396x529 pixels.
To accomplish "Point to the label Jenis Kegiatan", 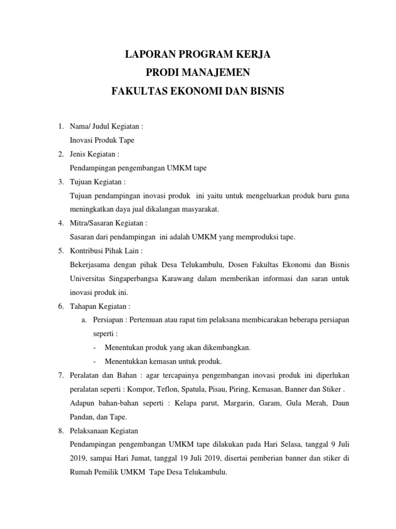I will coord(94,154).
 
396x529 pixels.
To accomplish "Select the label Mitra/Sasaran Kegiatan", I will coord(108,223).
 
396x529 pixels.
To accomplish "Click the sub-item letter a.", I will coord(83,320).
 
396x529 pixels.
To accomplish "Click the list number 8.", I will coord(60,430).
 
